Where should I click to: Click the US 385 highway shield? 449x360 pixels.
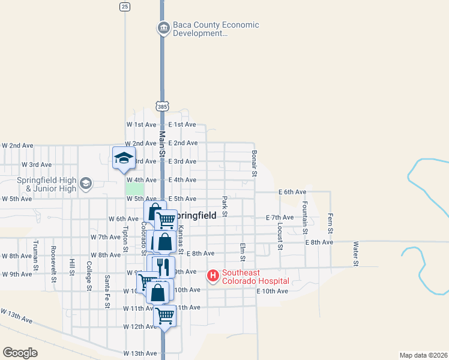point(162,106)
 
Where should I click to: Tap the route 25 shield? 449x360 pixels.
point(124,7)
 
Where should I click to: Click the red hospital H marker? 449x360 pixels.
point(212,276)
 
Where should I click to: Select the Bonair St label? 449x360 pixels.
point(254,164)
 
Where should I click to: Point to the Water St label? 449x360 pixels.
point(355,254)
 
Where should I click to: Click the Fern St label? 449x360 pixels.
point(330,223)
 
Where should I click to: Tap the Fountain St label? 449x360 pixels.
point(305,217)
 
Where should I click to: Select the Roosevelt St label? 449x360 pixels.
point(53,263)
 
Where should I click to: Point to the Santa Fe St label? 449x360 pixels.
point(107,291)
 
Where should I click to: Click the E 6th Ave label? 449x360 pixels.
point(292,192)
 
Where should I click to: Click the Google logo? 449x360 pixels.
point(20,353)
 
